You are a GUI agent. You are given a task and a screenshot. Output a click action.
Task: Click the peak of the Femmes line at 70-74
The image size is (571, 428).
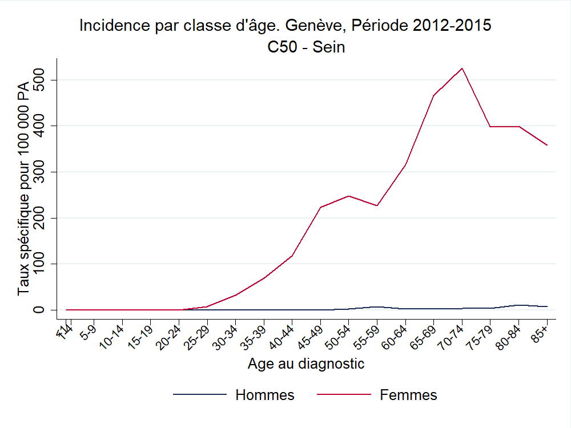(x=461, y=68)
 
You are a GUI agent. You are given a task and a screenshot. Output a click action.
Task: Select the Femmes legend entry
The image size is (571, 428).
(x=408, y=395)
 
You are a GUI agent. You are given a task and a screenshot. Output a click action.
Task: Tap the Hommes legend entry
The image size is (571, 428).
(x=265, y=395)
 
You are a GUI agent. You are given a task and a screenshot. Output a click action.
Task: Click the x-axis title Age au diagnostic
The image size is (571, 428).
(x=306, y=364)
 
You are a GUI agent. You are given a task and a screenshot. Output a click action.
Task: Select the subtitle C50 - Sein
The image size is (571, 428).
(x=306, y=47)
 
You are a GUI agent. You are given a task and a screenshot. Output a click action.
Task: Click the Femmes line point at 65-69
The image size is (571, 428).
(x=433, y=95)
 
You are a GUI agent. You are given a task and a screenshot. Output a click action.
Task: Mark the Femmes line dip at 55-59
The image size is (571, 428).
(x=377, y=205)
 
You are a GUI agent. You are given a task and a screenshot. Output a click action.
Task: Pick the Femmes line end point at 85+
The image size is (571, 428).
(x=547, y=145)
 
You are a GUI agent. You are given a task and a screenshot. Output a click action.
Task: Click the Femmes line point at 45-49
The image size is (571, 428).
(x=320, y=207)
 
